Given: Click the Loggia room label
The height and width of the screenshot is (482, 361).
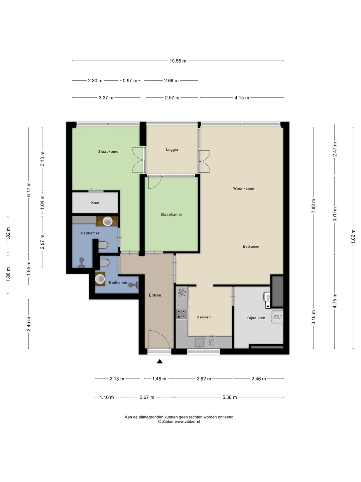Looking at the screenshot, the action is pyautogui.click(x=172, y=150).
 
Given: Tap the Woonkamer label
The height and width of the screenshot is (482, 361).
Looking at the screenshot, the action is pyautogui.click(x=244, y=188).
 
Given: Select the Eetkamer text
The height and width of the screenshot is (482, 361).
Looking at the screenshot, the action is pyautogui.click(x=251, y=246).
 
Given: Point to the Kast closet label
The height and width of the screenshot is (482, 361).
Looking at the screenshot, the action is pyautogui.click(x=95, y=203).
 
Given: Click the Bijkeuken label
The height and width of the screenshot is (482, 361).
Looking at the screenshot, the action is pyautogui.click(x=256, y=318).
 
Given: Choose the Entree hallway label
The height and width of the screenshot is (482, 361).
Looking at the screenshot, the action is pyautogui.click(x=155, y=295).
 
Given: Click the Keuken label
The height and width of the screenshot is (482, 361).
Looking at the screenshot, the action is pyautogui.click(x=204, y=317).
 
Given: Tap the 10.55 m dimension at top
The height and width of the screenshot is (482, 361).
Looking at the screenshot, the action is pyautogui.click(x=178, y=61).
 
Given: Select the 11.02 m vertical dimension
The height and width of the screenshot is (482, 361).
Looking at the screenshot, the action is pyautogui.click(x=353, y=238).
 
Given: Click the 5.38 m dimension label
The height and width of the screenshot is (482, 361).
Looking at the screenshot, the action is pyautogui.click(x=230, y=397).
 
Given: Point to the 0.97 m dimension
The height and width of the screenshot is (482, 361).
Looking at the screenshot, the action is pyautogui.click(x=130, y=81).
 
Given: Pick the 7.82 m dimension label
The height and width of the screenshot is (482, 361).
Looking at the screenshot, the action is pyautogui.click(x=314, y=206).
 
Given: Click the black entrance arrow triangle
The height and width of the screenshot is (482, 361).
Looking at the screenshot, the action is pyautogui.click(x=159, y=361).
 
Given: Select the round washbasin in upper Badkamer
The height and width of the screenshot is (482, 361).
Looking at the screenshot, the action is pyautogui.click(x=108, y=221).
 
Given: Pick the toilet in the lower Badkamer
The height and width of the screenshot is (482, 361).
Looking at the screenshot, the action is pyautogui.click(x=104, y=262).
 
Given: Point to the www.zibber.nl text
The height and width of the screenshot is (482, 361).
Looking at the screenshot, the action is pyautogui.click(x=187, y=421).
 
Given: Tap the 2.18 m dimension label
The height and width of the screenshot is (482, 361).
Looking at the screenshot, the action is pyautogui.click(x=117, y=379).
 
